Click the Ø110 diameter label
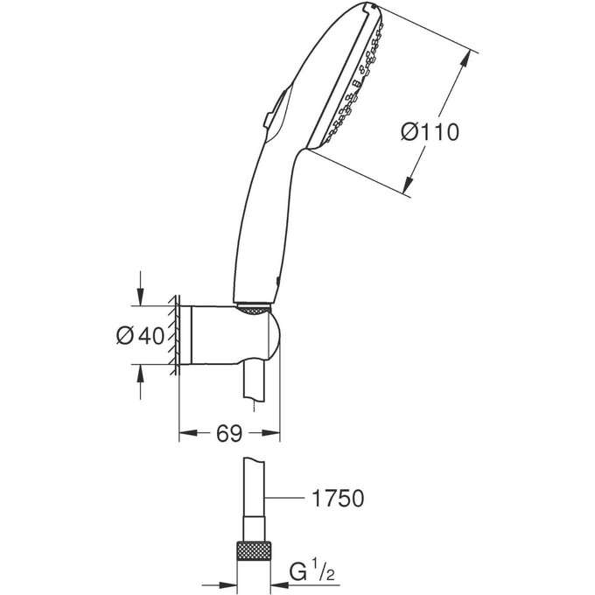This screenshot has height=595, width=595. tap(430, 132)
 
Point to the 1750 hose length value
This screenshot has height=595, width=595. tap(337, 499)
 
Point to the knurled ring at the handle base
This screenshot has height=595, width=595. tap(254, 308)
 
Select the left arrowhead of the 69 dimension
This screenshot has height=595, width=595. tap(185, 432)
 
